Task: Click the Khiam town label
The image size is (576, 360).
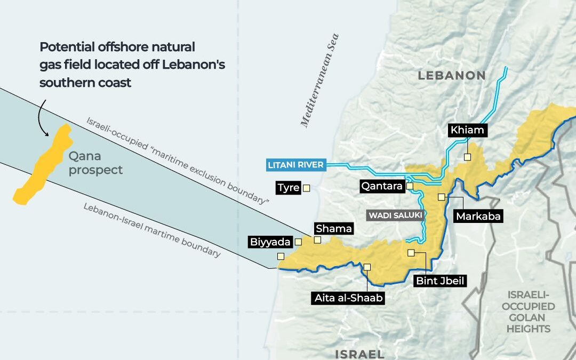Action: tap(467, 130)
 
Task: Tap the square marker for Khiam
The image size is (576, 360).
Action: tap(467, 157)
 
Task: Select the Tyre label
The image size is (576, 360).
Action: tap(288, 188)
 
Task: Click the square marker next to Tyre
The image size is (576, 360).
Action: tap(306, 188)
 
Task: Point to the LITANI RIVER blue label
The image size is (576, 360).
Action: tap(295, 165)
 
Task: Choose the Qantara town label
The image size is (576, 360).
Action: tap(382, 186)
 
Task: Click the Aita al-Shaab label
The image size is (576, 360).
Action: tap(348, 298)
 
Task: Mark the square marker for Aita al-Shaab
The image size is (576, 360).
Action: tap(367, 267)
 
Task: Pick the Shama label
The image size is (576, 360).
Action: tap(334, 229)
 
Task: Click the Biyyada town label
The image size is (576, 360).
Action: tap(270, 242)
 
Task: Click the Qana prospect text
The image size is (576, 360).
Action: tap(95, 163)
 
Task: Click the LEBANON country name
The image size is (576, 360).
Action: tap(451, 76)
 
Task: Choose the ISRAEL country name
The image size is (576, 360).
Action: tap(359, 354)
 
